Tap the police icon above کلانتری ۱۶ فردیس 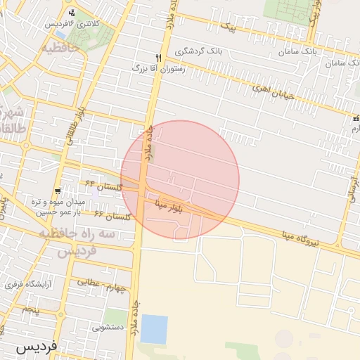pos(72,13)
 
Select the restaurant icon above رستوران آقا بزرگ pos(159,58)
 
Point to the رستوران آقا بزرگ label pos(158,70)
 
